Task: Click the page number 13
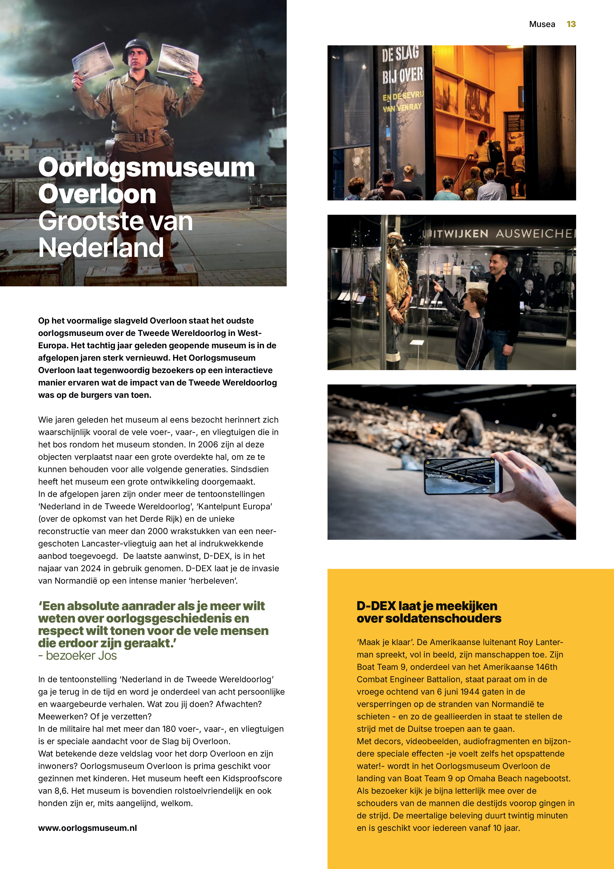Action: point(571,24)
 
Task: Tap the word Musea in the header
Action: point(542,24)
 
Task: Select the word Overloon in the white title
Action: point(97,194)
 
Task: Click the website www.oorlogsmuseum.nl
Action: point(87,828)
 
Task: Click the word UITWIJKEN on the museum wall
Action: point(456,234)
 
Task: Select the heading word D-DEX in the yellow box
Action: point(376,606)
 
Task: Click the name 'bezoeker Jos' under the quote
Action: point(81,655)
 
